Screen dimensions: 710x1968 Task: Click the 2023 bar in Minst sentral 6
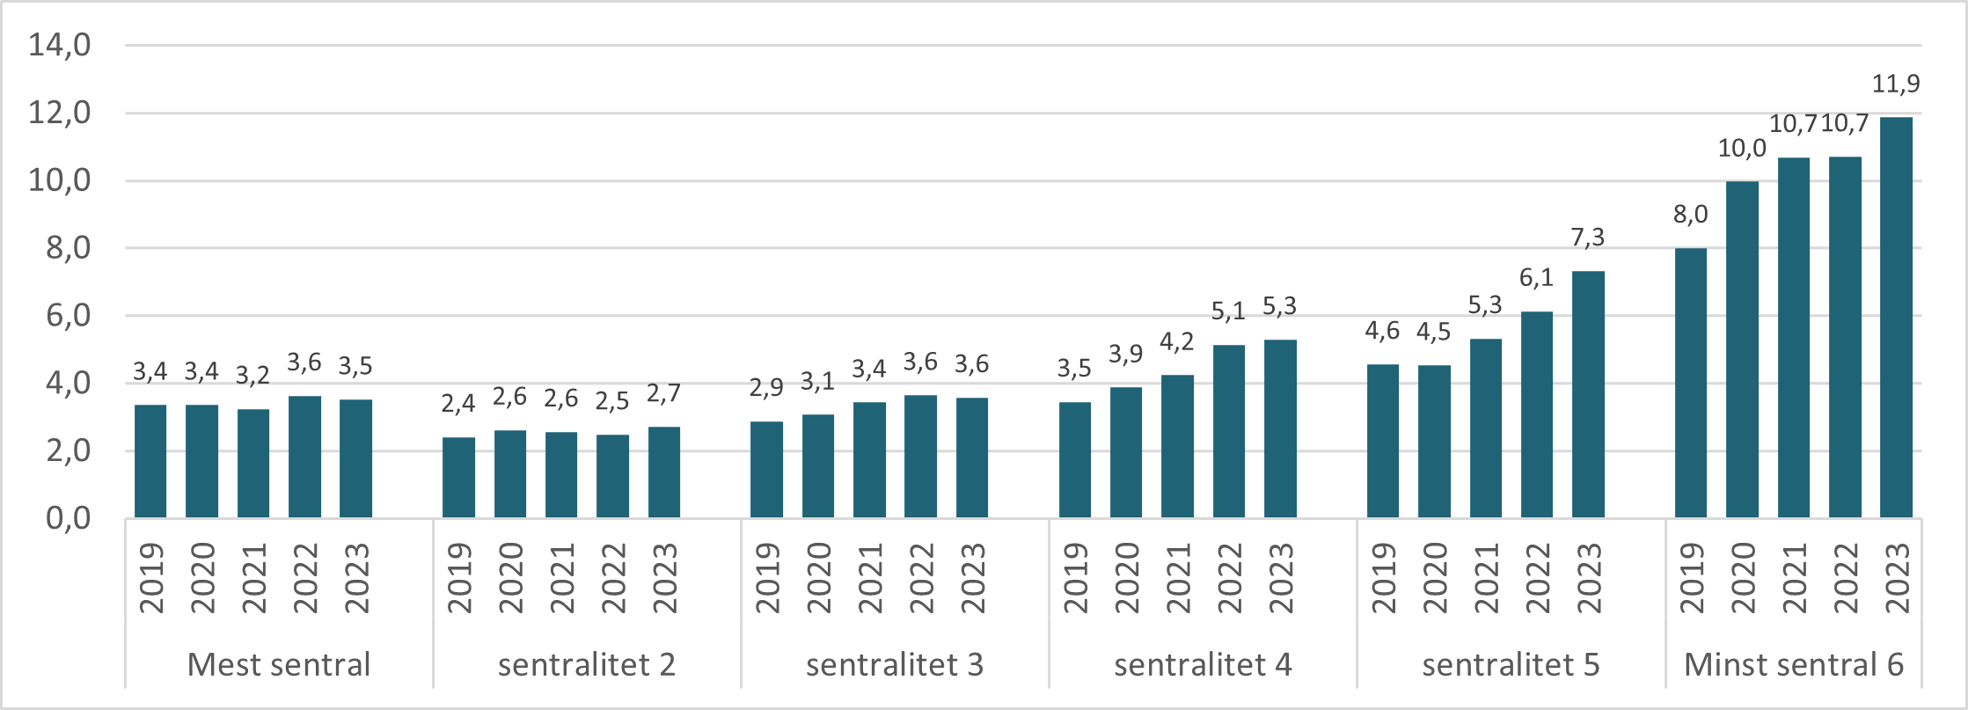tap(1896, 317)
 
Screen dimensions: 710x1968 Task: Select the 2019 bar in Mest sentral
tap(150, 460)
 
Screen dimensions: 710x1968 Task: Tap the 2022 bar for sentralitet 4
tap(1228, 431)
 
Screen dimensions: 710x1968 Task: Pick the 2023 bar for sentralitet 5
tap(1588, 394)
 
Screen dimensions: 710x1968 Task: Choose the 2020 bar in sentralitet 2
tap(510, 473)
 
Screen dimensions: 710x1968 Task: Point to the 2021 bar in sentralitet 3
tap(869, 459)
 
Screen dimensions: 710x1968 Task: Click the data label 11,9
tap(1896, 84)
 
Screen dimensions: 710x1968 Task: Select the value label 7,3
tap(1588, 238)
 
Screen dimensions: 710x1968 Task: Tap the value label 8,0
tap(1690, 215)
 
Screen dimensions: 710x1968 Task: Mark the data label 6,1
tap(1536, 278)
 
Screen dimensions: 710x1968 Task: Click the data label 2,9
tap(766, 388)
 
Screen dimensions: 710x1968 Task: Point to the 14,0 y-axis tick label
tap(60, 45)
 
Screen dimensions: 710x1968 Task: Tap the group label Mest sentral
tap(279, 664)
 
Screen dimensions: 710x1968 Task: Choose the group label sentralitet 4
tap(1203, 664)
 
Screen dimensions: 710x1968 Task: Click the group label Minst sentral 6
tap(1793, 664)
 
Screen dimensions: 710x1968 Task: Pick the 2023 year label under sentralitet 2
tap(664, 578)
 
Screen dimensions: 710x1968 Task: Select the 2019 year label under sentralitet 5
tap(1383, 578)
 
